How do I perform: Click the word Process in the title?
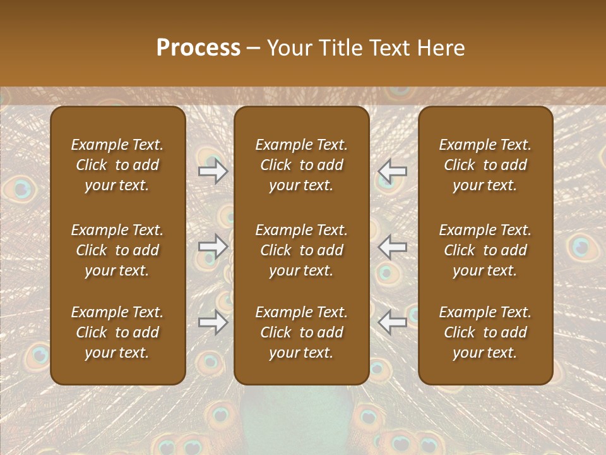click(198, 48)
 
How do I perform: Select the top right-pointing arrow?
click(213, 171)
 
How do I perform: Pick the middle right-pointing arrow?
click(213, 246)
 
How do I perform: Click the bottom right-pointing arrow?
click(213, 322)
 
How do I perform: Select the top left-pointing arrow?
click(393, 171)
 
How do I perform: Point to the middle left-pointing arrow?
click(393, 246)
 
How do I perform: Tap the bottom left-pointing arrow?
click(393, 322)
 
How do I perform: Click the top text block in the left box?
click(117, 165)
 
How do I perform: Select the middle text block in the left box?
click(117, 250)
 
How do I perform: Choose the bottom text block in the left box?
click(117, 332)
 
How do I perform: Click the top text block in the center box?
click(302, 165)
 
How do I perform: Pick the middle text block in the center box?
click(302, 250)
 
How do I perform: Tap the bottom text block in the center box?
click(302, 332)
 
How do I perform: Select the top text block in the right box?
click(485, 165)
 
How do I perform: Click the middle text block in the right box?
click(485, 250)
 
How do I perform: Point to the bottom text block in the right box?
click(485, 332)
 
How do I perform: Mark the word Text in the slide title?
click(392, 48)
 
